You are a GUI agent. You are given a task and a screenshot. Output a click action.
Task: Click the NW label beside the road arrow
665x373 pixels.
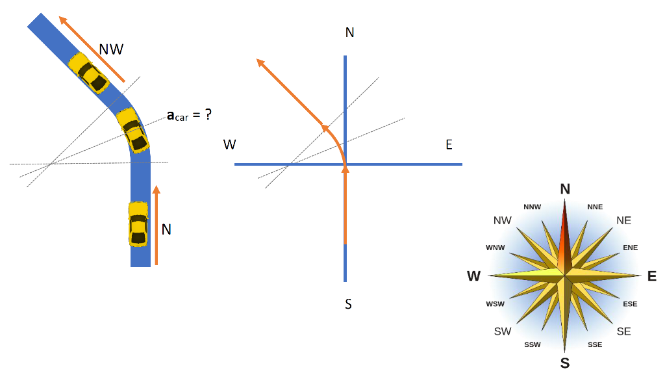[x=111, y=49]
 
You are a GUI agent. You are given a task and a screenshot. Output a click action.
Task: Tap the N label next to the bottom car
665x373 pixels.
[x=166, y=229]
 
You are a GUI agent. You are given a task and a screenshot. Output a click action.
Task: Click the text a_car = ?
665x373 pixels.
[x=190, y=115]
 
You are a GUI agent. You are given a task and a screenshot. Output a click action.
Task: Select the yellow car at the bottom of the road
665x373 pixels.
[x=138, y=224]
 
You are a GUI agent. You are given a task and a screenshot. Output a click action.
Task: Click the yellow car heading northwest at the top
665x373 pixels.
[x=88, y=73]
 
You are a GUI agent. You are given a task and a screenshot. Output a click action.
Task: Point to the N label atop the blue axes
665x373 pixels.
[x=349, y=32]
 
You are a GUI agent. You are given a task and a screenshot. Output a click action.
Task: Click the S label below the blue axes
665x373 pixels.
[x=349, y=303]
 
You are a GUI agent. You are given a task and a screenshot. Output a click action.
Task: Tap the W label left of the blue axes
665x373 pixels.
[x=230, y=144]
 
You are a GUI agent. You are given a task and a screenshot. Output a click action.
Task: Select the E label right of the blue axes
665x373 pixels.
[x=449, y=144]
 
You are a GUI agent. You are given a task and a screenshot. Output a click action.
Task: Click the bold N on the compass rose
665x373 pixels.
[x=565, y=189]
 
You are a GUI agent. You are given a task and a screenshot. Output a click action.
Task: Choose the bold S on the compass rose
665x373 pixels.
[x=565, y=363]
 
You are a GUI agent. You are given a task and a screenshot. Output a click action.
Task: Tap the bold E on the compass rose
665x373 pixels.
[x=652, y=276]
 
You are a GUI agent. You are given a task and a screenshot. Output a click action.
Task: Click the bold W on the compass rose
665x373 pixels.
[x=474, y=276]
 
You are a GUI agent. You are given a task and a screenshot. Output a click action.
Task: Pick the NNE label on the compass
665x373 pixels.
[x=595, y=207]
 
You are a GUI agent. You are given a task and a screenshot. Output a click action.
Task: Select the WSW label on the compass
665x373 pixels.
[x=495, y=304]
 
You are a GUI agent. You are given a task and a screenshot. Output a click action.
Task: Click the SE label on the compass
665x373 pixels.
[x=623, y=331]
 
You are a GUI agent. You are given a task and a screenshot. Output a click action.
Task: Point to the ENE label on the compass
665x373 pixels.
[x=630, y=248]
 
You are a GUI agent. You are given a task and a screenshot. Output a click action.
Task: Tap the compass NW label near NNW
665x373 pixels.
[x=503, y=220]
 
